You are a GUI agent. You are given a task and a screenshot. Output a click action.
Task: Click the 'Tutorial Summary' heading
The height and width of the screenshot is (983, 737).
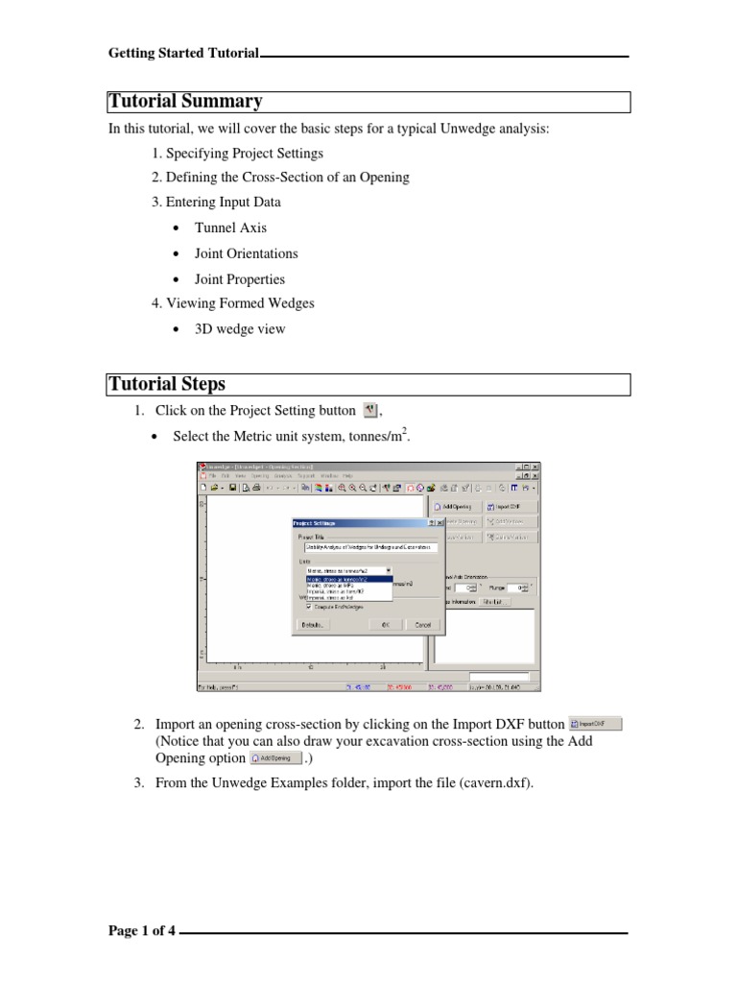(185, 102)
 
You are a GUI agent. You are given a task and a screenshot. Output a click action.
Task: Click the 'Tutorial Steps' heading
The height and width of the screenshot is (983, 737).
(167, 384)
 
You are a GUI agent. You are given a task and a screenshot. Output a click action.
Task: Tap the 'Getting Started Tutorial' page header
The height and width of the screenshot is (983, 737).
(184, 54)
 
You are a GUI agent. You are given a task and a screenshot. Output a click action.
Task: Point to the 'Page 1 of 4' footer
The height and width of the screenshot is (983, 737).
(142, 931)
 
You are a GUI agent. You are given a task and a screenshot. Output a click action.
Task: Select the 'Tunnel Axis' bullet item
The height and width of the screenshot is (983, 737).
(230, 228)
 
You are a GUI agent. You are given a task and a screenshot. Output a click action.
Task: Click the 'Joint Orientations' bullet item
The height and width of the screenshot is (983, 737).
(246, 253)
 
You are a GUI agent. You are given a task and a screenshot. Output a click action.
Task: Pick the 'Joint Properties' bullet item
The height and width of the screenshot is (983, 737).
(240, 278)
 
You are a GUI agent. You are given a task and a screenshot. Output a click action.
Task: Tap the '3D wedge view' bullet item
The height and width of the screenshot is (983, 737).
(239, 329)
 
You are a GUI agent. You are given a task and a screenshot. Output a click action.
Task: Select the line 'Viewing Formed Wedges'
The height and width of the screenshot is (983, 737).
(240, 303)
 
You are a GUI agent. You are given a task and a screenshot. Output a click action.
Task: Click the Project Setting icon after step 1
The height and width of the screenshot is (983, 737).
(371, 411)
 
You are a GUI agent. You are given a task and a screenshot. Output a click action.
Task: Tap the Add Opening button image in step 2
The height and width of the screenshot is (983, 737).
(275, 757)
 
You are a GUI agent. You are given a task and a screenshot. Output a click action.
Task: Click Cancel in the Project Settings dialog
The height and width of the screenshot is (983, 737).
(421, 624)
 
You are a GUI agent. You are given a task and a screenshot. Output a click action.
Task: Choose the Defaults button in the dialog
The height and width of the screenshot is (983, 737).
(313, 624)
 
